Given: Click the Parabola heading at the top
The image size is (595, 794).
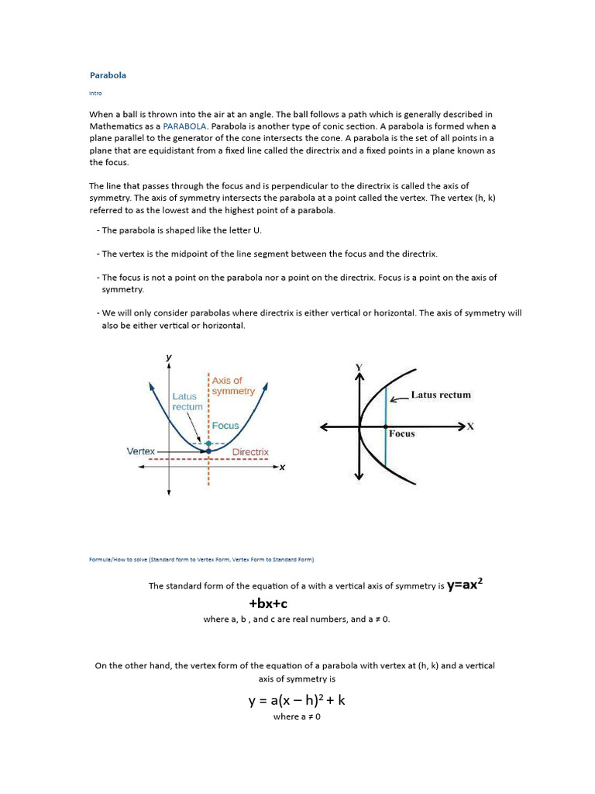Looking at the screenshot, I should (x=108, y=75).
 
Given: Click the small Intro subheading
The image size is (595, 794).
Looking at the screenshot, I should (x=95, y=93).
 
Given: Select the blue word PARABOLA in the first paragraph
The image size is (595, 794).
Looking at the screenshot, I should (x=184, y=126).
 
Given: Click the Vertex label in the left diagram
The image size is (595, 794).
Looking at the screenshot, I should (x=141, y=451).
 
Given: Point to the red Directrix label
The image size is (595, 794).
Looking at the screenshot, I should (x=250, y=451).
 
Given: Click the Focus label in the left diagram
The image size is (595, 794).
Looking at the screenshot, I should (x=225, y=426).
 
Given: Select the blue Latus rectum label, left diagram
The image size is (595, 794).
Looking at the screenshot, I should (x=187, y=401).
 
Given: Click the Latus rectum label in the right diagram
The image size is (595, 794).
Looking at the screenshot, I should (x=440, y=395).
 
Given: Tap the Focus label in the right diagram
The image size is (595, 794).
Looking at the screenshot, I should (x=401, y=434).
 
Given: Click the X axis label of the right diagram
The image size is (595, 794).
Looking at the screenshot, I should (x=469, y=426).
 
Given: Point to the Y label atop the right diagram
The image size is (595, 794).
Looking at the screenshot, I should (x=359, y=367).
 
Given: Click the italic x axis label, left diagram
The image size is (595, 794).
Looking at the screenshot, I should (x=282, y=467).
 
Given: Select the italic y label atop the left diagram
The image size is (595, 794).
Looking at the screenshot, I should (x=169, y=357).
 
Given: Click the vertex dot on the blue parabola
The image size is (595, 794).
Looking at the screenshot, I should (x=208, y=451).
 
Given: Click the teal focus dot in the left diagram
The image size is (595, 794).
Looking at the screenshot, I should (x=208, y=442).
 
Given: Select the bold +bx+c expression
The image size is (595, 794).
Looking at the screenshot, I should (x=268, y=603).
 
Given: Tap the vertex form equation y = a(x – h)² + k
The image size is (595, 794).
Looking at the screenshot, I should (x=297, y=700).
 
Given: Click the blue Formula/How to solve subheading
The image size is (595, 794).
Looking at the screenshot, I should (x=201, y=559).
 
